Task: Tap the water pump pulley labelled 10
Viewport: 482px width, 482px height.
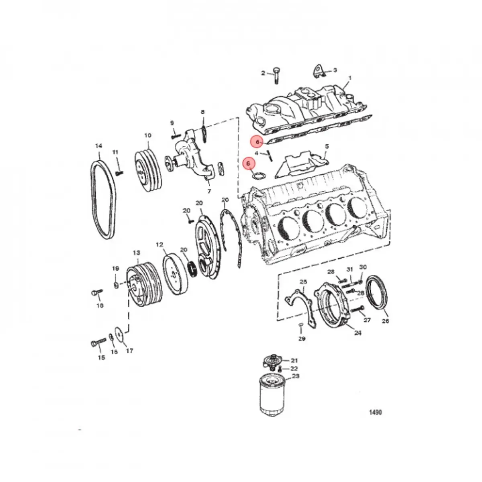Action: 147,169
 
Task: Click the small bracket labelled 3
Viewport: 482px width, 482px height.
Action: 317,71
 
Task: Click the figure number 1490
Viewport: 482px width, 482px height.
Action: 376,413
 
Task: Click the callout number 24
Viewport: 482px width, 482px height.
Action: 357,333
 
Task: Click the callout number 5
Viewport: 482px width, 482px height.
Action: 327,146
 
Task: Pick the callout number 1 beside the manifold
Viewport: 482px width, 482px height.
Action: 349,78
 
